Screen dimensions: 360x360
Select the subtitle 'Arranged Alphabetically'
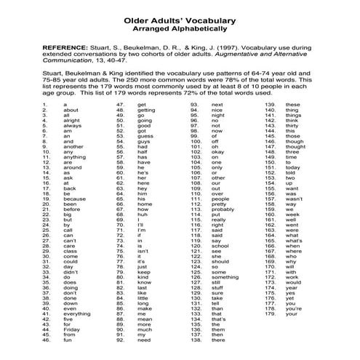[x=180, y=21]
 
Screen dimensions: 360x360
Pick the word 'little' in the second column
[x=145, y=298]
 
